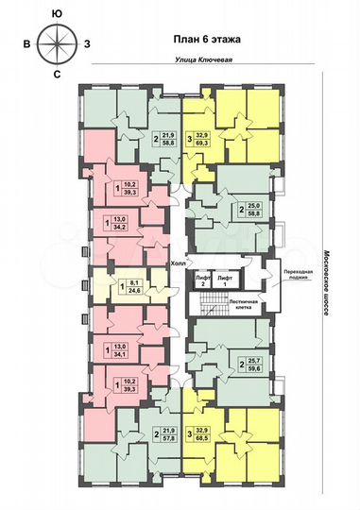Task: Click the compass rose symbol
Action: click(x=58, y=42)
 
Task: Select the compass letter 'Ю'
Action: click(x=58, y=13)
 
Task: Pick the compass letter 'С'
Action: click(x=58, y=73)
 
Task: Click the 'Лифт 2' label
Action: click(x=202, y=280)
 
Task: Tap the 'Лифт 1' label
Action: click(x=225, y=280)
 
